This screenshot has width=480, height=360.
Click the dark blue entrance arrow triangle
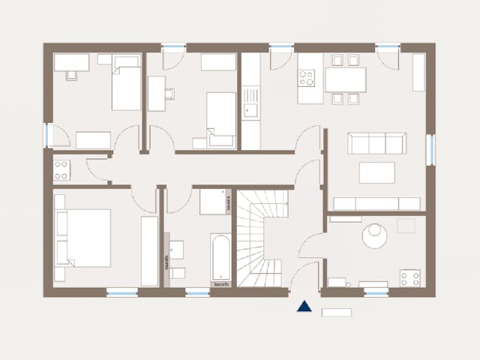304,306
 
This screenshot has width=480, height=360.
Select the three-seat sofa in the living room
376,142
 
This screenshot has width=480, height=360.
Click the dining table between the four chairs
345,79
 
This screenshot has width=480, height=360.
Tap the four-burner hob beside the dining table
307,76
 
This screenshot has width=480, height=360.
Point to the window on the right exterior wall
430,149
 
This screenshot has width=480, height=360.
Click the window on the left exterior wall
48,135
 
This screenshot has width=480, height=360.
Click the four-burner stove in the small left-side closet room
61,169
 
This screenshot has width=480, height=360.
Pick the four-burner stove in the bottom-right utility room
409,278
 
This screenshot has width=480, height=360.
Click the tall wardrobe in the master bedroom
150,252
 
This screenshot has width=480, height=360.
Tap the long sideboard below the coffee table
376,203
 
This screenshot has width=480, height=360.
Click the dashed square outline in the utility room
406,226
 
